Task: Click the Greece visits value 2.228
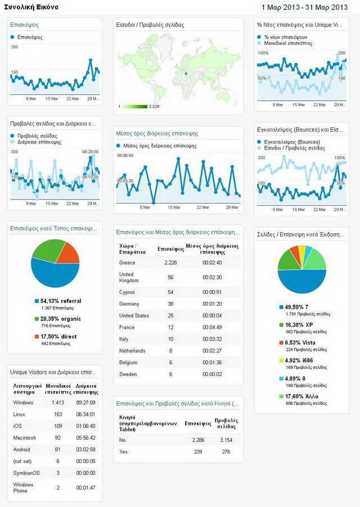(x=170, y=262)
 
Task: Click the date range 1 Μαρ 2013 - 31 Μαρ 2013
(x=304, y=7)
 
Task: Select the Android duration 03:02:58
(x=87, y=450)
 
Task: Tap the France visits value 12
(x=170, y=327)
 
